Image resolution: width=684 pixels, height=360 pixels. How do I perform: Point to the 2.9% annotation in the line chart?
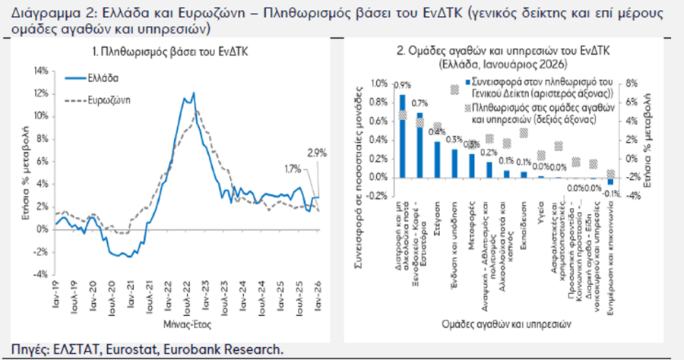click(317, 153)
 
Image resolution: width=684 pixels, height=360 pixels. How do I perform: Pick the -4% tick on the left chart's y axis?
click(41, 274)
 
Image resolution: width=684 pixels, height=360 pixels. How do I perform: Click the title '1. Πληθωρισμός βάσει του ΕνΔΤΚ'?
click(182, 51)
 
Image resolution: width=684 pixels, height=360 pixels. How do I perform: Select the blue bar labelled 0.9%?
click(403, 137)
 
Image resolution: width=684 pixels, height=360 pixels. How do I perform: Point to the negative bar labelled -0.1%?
click(610, 182)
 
